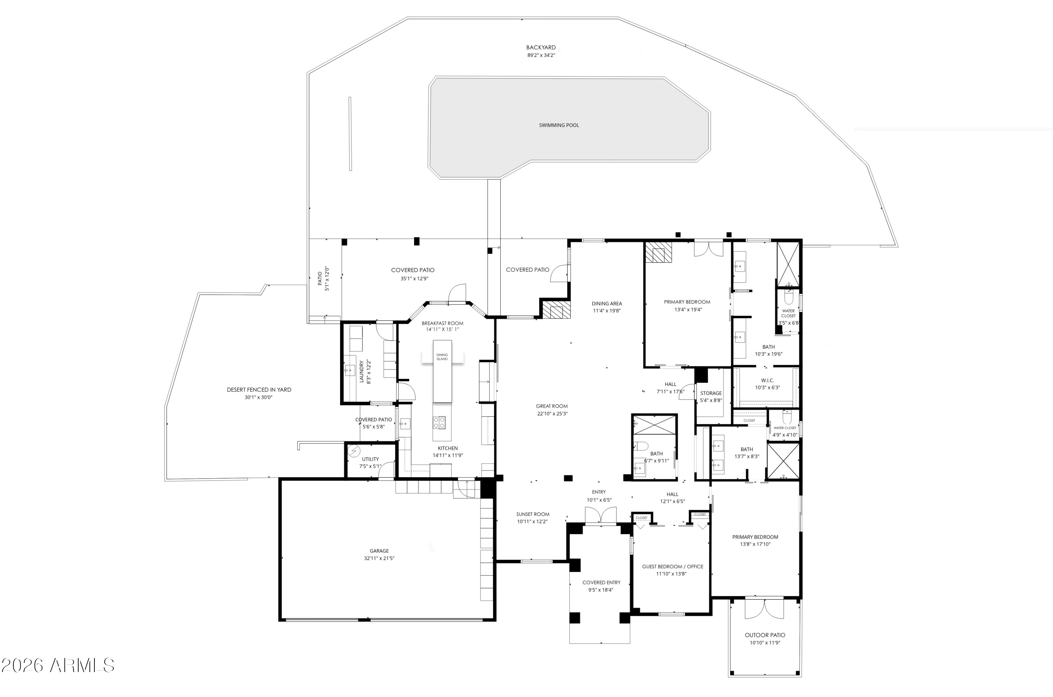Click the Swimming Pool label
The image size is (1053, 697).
pos(558,125)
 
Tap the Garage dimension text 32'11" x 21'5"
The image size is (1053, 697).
pos(379,558)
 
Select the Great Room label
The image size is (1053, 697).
pos(551,406)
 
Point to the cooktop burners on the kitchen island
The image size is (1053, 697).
pos(439,422)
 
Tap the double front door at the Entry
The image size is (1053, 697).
pos(601,515)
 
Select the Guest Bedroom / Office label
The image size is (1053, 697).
pos(672,566)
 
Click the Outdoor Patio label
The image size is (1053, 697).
pos(764,635)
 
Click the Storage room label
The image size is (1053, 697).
pos(710,393)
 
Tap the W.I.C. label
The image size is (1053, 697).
pos(767,381)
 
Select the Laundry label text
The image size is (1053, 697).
pos(362,371)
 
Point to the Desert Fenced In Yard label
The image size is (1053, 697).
pos(259,390)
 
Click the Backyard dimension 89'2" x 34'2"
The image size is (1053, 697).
pos(541,55)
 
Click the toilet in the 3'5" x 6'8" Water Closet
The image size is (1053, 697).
pos(788,296)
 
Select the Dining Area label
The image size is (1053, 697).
pos(607,304)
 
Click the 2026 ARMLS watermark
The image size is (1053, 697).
pos(58,665)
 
